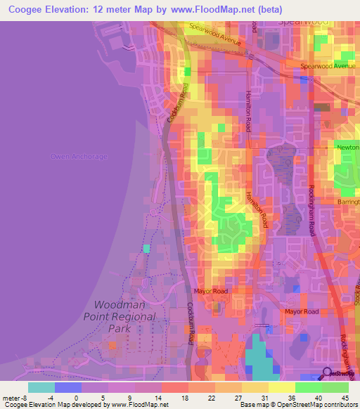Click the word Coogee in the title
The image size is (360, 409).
click(25, 9)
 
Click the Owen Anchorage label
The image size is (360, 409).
click(79, 156)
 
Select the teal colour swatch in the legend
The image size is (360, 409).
click(41, 387)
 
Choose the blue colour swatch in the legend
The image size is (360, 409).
click(68, 387)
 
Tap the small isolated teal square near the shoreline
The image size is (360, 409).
click(146, 248)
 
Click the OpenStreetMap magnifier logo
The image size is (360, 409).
click(328, 372)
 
